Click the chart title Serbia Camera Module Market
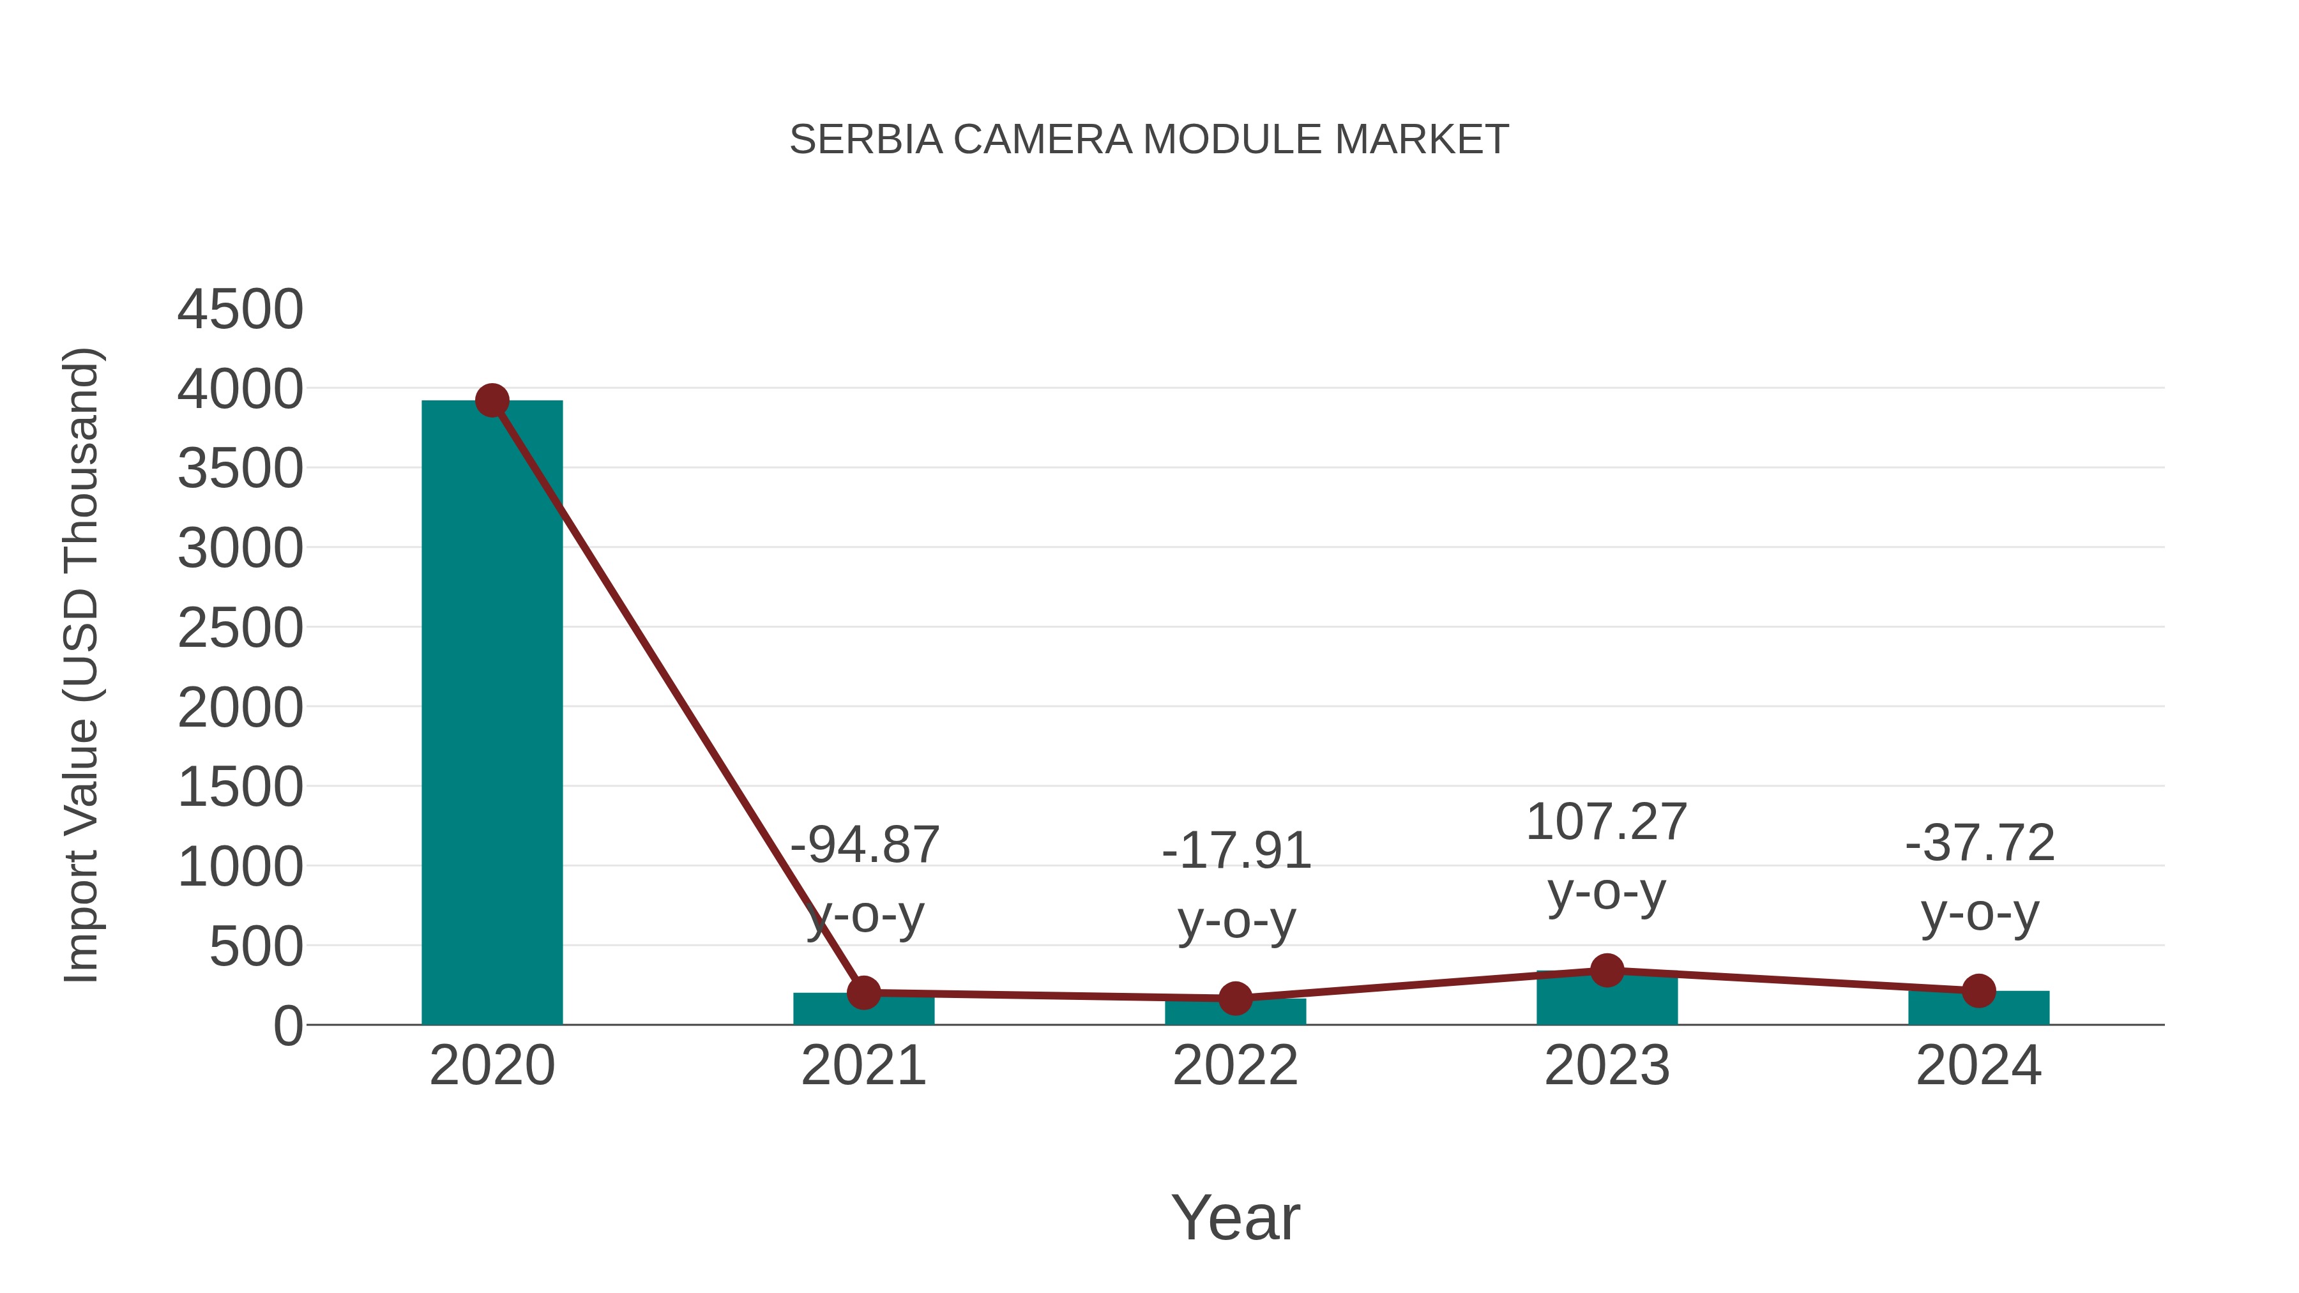point(1149,140)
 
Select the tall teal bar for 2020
point(492,714)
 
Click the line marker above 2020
point(492,400)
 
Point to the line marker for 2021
point(863,992)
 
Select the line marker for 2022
point(1235,999)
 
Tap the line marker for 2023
point(1607,970)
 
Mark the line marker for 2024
point(1978,990)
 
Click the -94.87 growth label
point(865,844)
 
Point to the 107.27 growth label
point(1607,821)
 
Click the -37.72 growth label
point(1980,842)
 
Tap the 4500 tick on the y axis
point(240,310)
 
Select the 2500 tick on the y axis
point(240,628)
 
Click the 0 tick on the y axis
point(287,1026)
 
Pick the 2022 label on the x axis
point(1235,1066)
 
